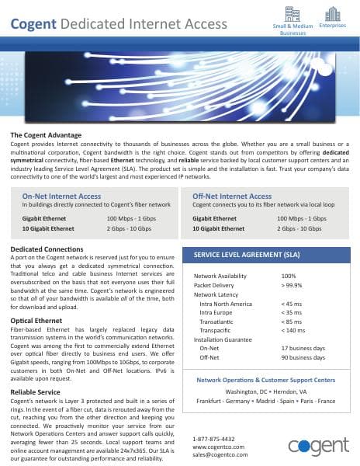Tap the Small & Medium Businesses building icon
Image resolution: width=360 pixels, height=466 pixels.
tap(292, 13)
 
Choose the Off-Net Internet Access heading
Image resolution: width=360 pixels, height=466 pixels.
tap(232, 196)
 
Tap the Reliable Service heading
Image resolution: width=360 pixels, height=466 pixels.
tap(36, 392)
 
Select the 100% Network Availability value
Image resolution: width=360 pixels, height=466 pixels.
tap(289, 276)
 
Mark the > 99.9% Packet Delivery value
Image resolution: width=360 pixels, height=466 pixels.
tap(293, 285)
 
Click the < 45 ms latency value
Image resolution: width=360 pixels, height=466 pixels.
tap(292, 304)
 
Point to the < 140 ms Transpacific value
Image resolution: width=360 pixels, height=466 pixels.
tap(294, 332)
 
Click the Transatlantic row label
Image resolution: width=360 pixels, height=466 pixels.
tap(220, 322)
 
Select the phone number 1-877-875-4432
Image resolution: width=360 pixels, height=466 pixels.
tap(215, 439)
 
